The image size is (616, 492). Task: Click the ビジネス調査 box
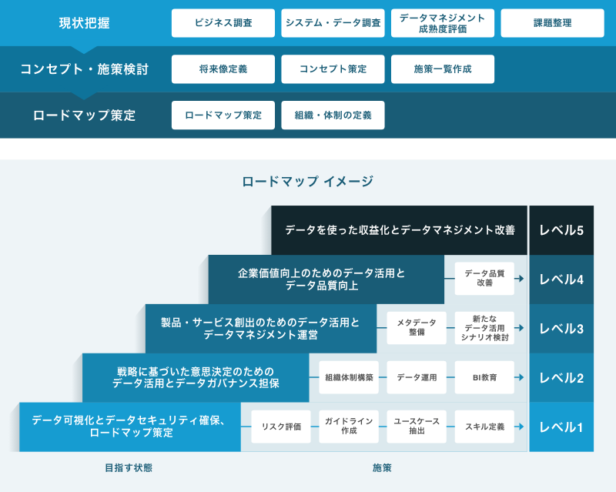coord(223,23)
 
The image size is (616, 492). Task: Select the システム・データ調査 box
coord(333,23)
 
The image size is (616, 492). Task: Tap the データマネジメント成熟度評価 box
coord(442,23)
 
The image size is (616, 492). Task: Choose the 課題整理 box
coord(552,23)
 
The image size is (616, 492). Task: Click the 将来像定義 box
coord(223,69)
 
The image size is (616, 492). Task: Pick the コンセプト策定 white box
coord(333,69)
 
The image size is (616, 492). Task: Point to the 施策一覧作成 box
coord(442,69)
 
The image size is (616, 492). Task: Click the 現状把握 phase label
coord(84,23)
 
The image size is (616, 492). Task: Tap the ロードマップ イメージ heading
coord(307,182)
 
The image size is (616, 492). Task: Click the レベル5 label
coord(561,230)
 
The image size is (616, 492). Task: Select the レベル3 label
coord(561,329)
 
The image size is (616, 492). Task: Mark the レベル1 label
coord(561,427)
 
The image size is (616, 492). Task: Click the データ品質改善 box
coord(484,279)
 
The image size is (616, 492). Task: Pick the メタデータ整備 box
coord(417,328)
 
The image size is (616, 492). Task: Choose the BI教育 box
coord(484,377)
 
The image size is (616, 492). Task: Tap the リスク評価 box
coord(280,427)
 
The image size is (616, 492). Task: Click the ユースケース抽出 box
coord(417,427)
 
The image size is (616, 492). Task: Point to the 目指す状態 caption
coord(129,467)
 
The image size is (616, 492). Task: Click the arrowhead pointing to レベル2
coord(521,377)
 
